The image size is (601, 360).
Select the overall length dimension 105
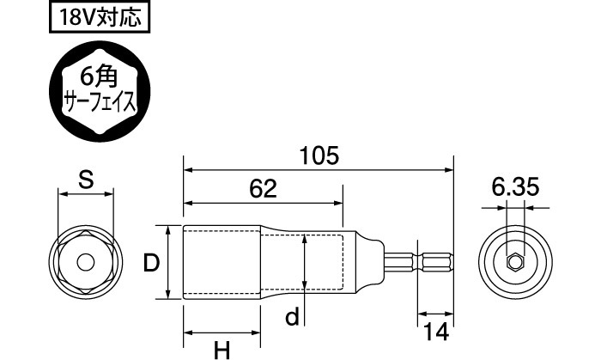(x=320, y=156)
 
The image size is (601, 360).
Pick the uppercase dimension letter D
(x=150, y=263)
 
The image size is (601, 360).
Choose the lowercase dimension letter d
(x=292, y=317)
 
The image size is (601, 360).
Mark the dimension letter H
(x=222, y=349)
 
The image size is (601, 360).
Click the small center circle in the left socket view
(x=85, y=262)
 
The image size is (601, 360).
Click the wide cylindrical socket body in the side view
(x=223, y=262)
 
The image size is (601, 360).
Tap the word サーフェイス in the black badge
(x=103, y=103)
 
